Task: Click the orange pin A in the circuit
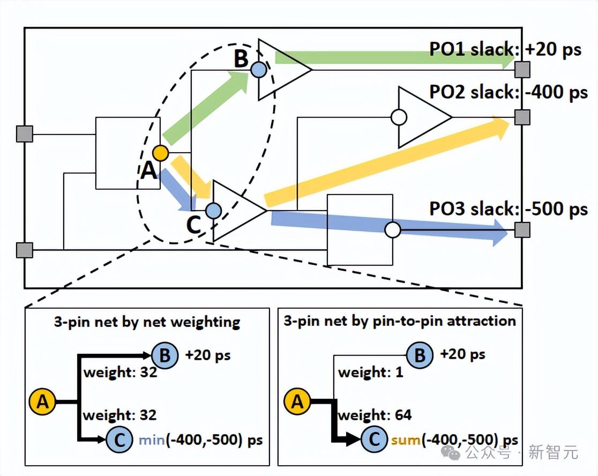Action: (x=160, y=153)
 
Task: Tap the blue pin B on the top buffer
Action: (x=258, y=69)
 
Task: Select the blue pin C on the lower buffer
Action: (x=213, y=211)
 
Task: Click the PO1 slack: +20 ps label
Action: (x=505, y=50)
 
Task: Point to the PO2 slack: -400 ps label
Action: (x=509, y=92)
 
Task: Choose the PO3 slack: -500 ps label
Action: (x=509, y=209)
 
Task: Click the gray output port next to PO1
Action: (x=522, y=69)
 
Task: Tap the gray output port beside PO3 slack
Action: (x=522, y=230)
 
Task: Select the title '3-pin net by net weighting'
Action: (x=147, y=322)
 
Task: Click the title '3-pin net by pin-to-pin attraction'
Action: (x=399, y=321)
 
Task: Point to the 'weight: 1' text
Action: (x=370, y=372)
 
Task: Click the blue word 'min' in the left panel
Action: (x=152, y=440)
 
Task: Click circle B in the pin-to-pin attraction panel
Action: (x=420, y=355)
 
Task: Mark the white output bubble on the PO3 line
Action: (x=393, y=230)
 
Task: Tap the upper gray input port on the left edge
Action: (x=25, y=133)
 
